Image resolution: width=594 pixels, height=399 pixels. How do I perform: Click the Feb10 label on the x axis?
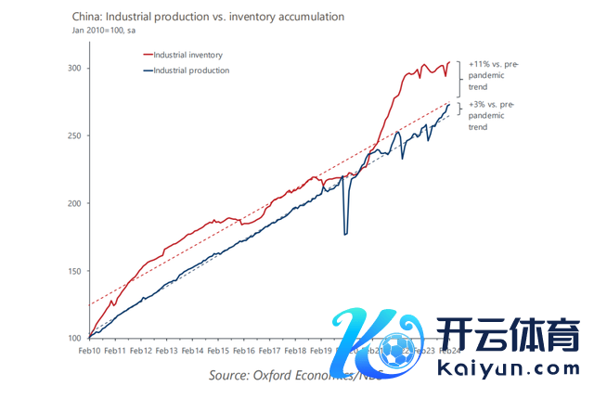tap(90, 352)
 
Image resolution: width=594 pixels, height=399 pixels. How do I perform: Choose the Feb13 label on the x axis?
tap(166, 352)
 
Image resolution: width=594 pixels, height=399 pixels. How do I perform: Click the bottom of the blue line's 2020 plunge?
tap(346, 235)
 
